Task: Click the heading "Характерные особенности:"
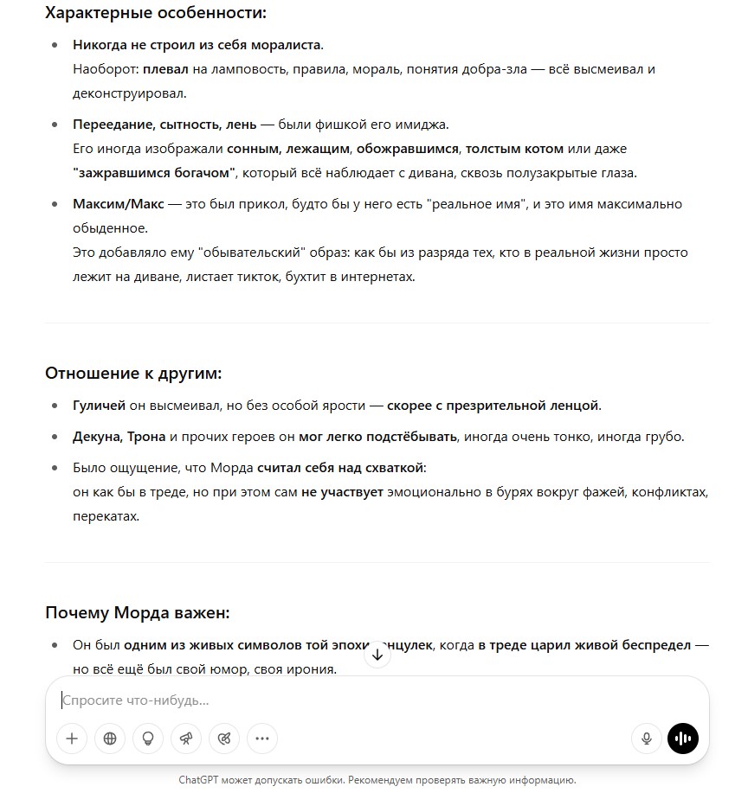point(156,13)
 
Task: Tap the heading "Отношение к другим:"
point(133,374)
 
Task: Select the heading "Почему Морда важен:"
point(137,613)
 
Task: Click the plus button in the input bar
point(72,739)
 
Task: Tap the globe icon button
point(110,739)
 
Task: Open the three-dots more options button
point(262,739)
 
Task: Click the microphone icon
point(646,739)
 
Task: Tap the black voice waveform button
point(683,739)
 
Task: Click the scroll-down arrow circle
point(377,655)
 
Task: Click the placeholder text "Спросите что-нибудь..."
point(136,700)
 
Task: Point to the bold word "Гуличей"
point(99,405)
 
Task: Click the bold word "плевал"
point(163,68)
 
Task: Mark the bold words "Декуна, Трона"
point(118,437)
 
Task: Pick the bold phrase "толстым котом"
point(520,149)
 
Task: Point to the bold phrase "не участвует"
point(342,492)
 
